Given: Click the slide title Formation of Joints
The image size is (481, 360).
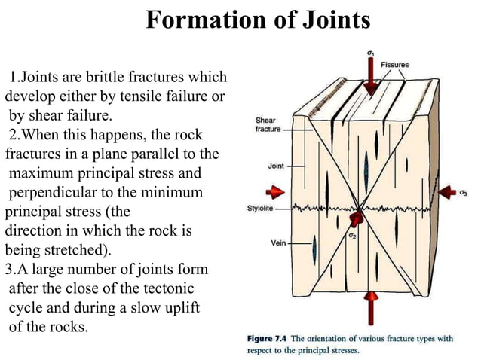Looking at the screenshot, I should point(257,20).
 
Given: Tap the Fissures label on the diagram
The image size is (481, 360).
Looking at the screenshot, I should point(394,66).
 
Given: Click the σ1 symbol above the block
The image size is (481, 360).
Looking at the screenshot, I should point(369,53).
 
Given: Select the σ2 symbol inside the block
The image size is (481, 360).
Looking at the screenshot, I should point(352,236).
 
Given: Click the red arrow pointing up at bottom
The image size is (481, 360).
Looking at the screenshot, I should point(369,310).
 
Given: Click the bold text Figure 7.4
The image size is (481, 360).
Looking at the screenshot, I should point(268,338).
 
